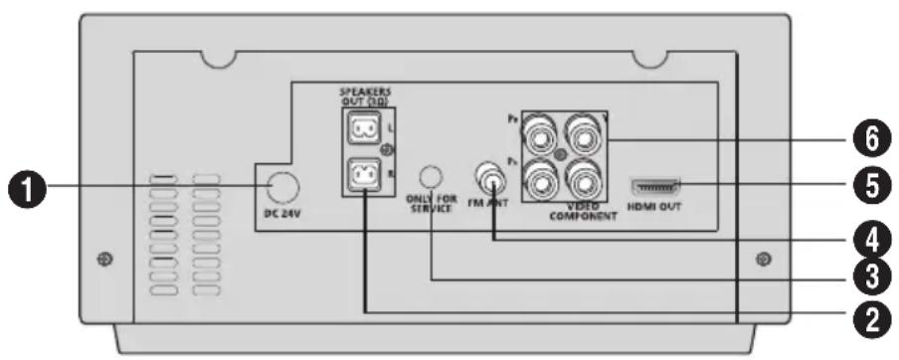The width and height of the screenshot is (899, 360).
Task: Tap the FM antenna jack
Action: pos(490,176)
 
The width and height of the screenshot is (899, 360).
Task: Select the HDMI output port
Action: pos(655,185)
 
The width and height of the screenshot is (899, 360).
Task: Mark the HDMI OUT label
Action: pos(656,209)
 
